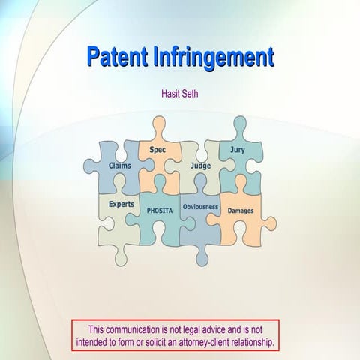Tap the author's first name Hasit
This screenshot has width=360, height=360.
(172, 95)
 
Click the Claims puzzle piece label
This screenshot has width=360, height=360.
(120, 165)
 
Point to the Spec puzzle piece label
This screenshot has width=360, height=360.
(157, 150)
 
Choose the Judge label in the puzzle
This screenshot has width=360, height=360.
(200, 165)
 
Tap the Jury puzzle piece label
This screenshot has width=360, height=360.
(237, 150)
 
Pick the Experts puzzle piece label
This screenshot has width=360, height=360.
(121, 203)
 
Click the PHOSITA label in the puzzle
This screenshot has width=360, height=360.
(159, 211)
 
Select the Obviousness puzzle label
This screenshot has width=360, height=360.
(200, 206)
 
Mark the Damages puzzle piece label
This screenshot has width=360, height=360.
(240, 211)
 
